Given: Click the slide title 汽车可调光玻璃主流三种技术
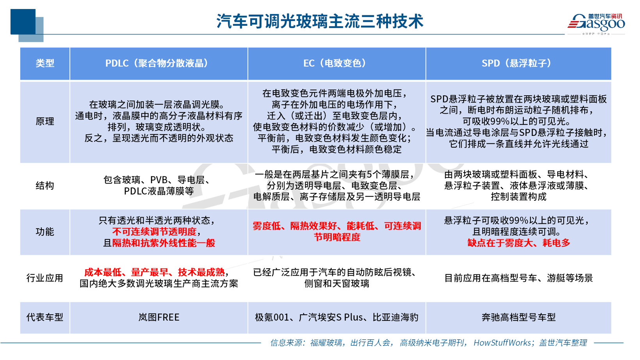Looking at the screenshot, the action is (320, 21).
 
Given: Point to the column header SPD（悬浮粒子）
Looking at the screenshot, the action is (518, 63).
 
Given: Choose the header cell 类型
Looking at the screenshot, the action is (45, 63).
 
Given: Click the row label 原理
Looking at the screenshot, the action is (45, 121).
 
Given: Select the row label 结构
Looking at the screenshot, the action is (45, 185).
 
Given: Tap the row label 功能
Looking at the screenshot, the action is (45, 232).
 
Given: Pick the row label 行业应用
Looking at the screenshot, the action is (45, 278).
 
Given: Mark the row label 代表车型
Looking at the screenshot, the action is (45, 317).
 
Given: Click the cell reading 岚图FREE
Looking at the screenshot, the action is (159, 317).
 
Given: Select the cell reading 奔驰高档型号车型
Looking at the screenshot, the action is (519, 317).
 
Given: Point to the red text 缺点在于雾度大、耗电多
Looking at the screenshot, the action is (519, 243).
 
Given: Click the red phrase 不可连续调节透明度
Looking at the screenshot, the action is (154, 232).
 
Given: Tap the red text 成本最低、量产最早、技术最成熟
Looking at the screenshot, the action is (154, 272).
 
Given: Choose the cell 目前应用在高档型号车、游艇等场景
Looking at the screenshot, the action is (519, 278).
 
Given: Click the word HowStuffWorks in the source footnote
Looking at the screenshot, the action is (502, 342).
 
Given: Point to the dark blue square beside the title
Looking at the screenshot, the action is (23, 22).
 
